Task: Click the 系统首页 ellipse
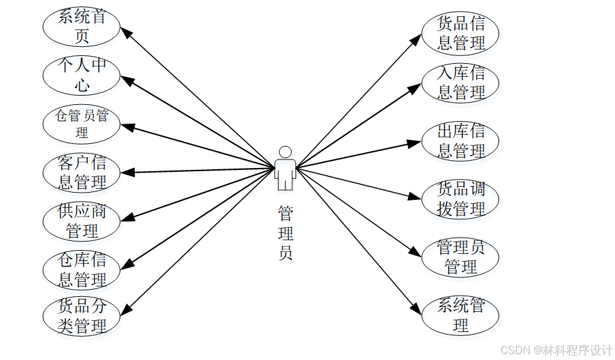pyautogui.click(x=81, y=26)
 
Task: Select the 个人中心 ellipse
pyautogui.click(x=81, y=75)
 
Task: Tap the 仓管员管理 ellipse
pyautogui.click(x=81, y=124)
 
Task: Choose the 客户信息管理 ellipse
pyautogui.click(x=81, y=173)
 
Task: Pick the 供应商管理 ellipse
pyautogui.click(x=81, y=221)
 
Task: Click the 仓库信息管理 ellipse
pyautogui.click(x=81, y=270)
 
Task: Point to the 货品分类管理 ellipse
pyautogui.click(x=81, y=316)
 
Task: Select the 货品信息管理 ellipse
pyautogui.click(x=461, y=33)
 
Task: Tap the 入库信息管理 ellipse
pyautogui.click(x=461, y=83)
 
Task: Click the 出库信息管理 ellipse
pyautogui.click(x=461, y=141)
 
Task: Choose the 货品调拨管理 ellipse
pyautogui.click(x=461, y=199)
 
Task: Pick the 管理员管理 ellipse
pyautogui.click(x=461, y=256)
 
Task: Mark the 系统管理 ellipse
pyautogui.click(x=461, y=315)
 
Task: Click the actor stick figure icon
pyautogui.click(x=285, y=169)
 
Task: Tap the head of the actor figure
pyautogui.click(x=285, y=152)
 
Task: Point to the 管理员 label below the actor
pyautogui.click(x=285, y=233)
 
